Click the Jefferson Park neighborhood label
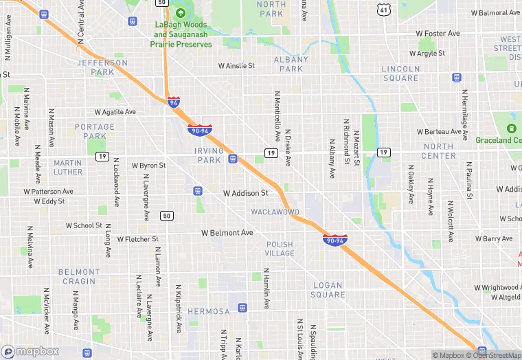coord(102,67)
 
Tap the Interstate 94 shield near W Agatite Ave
coord(174,102)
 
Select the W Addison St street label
coord(245,194)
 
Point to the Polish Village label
coord(280,249)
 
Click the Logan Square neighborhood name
coord(328,290)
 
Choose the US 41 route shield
coord(383,9)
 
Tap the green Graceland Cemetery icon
coord(510,128)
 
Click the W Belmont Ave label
coord(227,233)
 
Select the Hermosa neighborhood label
coord(208,311)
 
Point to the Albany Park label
coord(291,64)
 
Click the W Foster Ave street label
coord(438,33)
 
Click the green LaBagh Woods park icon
coord(181,12)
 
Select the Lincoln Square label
coord(400,74)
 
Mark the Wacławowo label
coord(275,212)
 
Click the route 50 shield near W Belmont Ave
coord(167,216)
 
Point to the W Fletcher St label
coord(137,240)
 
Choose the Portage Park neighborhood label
coord(95,131)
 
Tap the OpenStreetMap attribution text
coord(493,355)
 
